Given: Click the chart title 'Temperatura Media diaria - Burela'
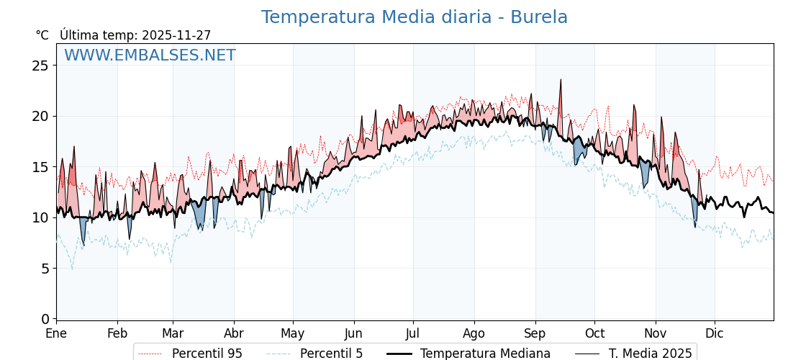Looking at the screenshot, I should tap(414, 17).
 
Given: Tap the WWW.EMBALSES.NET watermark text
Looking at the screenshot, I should tap(150, 55).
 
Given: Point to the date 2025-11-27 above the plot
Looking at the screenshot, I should tap(176, 35).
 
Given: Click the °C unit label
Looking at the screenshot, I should tap(42, 35).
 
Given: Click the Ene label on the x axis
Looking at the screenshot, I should tap(56, 333).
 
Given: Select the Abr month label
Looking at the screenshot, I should tap(234, 333).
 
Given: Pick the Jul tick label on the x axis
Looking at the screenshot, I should tap(413, 333).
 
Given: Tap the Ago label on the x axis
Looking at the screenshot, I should tap(474, 333).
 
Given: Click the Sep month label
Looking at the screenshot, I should tap(535, 333).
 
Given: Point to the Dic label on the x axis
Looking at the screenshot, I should tap(715, 333).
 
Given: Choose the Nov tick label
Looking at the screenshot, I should tap(656, 333).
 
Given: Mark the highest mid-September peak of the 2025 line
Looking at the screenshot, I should tap(561, 80).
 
